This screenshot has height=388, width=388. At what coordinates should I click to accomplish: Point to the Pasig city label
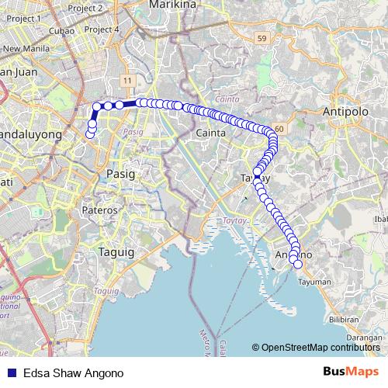121,174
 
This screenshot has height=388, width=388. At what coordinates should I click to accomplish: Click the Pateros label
100,210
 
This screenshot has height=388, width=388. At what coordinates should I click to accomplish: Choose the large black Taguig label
116,251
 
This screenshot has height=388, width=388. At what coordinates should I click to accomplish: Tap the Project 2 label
108,8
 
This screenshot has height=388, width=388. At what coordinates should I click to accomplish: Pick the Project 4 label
102,29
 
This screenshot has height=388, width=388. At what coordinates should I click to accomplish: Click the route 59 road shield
262,37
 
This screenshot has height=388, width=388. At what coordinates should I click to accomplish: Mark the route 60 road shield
278,127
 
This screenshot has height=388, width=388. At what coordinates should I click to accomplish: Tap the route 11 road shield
126,81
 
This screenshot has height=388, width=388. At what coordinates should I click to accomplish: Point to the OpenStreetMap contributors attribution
317,347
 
